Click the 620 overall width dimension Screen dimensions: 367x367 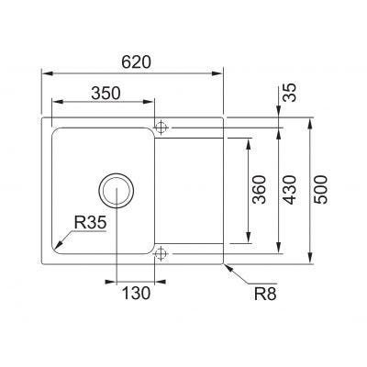point(136,62)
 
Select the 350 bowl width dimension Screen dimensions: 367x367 point(106,93)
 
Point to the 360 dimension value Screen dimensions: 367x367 point(259,190)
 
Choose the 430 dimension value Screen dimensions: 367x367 point(289,190)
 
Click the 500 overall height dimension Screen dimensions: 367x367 point(321,190)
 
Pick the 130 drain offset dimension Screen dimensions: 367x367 point(137,293)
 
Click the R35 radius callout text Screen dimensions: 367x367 point(90,222)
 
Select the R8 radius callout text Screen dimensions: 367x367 point(265,294)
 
